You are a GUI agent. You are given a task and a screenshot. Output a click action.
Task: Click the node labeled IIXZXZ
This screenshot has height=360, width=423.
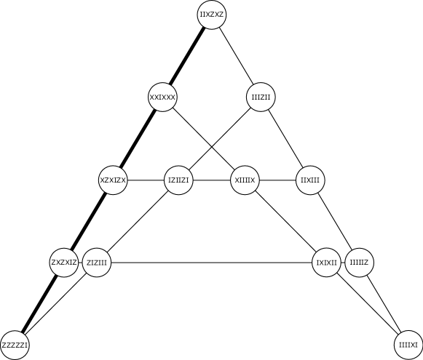pos(212,15)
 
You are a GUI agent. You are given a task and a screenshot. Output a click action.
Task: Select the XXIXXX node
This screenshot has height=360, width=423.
pos(162,97)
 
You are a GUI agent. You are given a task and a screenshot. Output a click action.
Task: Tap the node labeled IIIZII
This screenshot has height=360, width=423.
pos(261,97)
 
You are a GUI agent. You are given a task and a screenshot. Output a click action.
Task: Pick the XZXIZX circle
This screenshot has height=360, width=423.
pos(113,180)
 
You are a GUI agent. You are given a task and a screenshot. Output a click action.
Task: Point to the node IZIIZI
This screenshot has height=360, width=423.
pos(178,180)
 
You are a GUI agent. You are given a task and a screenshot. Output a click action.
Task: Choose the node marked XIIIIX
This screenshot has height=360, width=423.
pos(245,180)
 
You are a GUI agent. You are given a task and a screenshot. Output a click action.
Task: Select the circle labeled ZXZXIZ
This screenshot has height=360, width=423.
pos(64,263)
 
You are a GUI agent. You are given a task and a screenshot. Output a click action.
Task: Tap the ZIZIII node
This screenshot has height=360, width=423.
pos(97,263)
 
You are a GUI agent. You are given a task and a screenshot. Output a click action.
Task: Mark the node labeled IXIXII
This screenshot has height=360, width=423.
pos(326,263)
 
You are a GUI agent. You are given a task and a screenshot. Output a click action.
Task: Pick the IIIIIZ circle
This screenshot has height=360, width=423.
pos(359,263)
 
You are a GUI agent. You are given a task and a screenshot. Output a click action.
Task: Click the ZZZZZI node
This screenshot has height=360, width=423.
pos(15,345)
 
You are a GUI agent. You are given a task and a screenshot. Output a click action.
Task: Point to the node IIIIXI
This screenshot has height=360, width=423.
pos(408,345)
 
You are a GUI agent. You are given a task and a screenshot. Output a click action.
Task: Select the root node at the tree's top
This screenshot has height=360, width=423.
pos(212,15)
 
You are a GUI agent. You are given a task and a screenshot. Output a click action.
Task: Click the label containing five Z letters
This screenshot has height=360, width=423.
pos(15,345)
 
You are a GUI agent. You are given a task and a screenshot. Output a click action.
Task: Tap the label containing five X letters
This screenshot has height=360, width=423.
pos(162,97)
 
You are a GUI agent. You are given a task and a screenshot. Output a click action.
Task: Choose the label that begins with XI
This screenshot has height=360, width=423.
pos(245,180)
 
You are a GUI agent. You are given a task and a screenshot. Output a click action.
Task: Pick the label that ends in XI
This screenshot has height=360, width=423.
pos(408,345)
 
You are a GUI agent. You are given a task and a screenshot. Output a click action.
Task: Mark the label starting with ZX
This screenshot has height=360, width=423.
pos(64,263)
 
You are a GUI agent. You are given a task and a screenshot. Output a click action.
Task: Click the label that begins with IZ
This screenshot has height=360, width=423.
pos(178,180)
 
